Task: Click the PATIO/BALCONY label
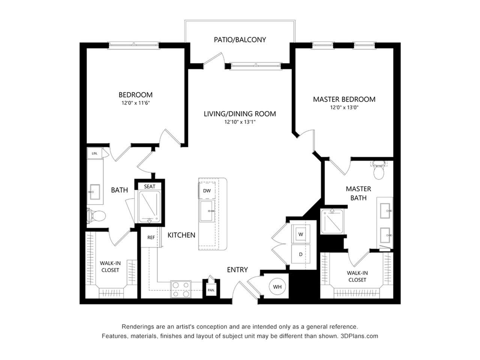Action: pos(240,39)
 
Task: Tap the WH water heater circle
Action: pos(277,287)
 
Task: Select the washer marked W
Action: pos(300,234)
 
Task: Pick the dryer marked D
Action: pos(300,254)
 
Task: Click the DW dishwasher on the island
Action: pos(207,191)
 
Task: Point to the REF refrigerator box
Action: pos(151,238)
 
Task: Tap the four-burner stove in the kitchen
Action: pos(181,289)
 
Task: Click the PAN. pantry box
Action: pos(211,289)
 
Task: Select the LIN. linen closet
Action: pos(94,153)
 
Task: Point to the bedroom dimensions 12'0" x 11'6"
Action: pos(135,102)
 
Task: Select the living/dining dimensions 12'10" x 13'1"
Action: pos(240,121)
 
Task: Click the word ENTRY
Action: pos(237,270)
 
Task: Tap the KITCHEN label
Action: pos(181,235)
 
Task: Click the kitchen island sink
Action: pos(207,211)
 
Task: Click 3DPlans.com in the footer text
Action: pos(359,336)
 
